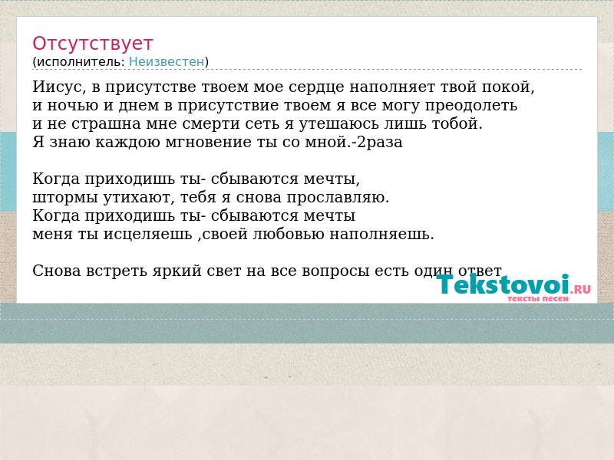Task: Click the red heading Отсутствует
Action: (92, 43)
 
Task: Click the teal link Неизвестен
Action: (167, 62)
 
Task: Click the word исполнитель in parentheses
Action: (81, 62)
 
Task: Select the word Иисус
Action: (59, 87)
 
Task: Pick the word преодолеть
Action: (471, 106)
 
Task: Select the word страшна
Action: (107, 124)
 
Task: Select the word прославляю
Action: (338, 198)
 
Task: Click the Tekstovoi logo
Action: (513, 284)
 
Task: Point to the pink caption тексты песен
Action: (538, 299)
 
